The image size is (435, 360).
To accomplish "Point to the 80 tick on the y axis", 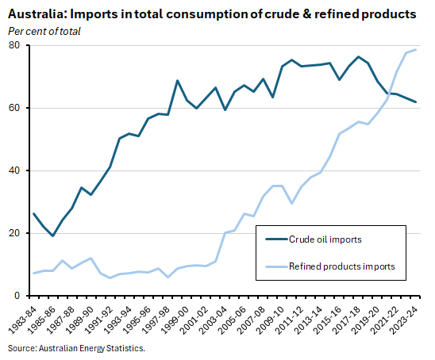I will (x=13, y=45).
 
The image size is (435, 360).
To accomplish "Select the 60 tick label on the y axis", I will (x=13, y=108).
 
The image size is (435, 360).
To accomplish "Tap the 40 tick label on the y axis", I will (x=13, y=170).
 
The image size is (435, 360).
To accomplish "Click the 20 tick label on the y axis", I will (x=13, y=233).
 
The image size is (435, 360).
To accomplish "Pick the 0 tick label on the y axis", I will (x=17, y=296).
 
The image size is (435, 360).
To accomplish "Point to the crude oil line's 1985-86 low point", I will (x=53, y=236).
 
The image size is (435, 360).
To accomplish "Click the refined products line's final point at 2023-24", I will (x=416, y=50).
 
